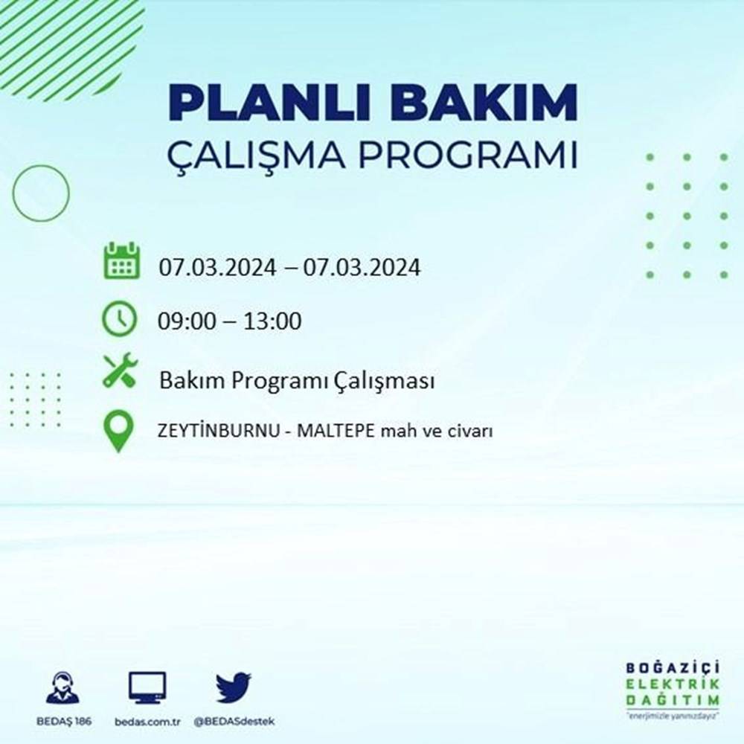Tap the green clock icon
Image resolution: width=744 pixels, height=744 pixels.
[120, 319]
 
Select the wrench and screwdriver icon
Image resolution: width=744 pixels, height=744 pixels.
[120, 371]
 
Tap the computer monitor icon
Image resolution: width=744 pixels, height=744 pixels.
[147, 687]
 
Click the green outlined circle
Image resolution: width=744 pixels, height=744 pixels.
[41, 193]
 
